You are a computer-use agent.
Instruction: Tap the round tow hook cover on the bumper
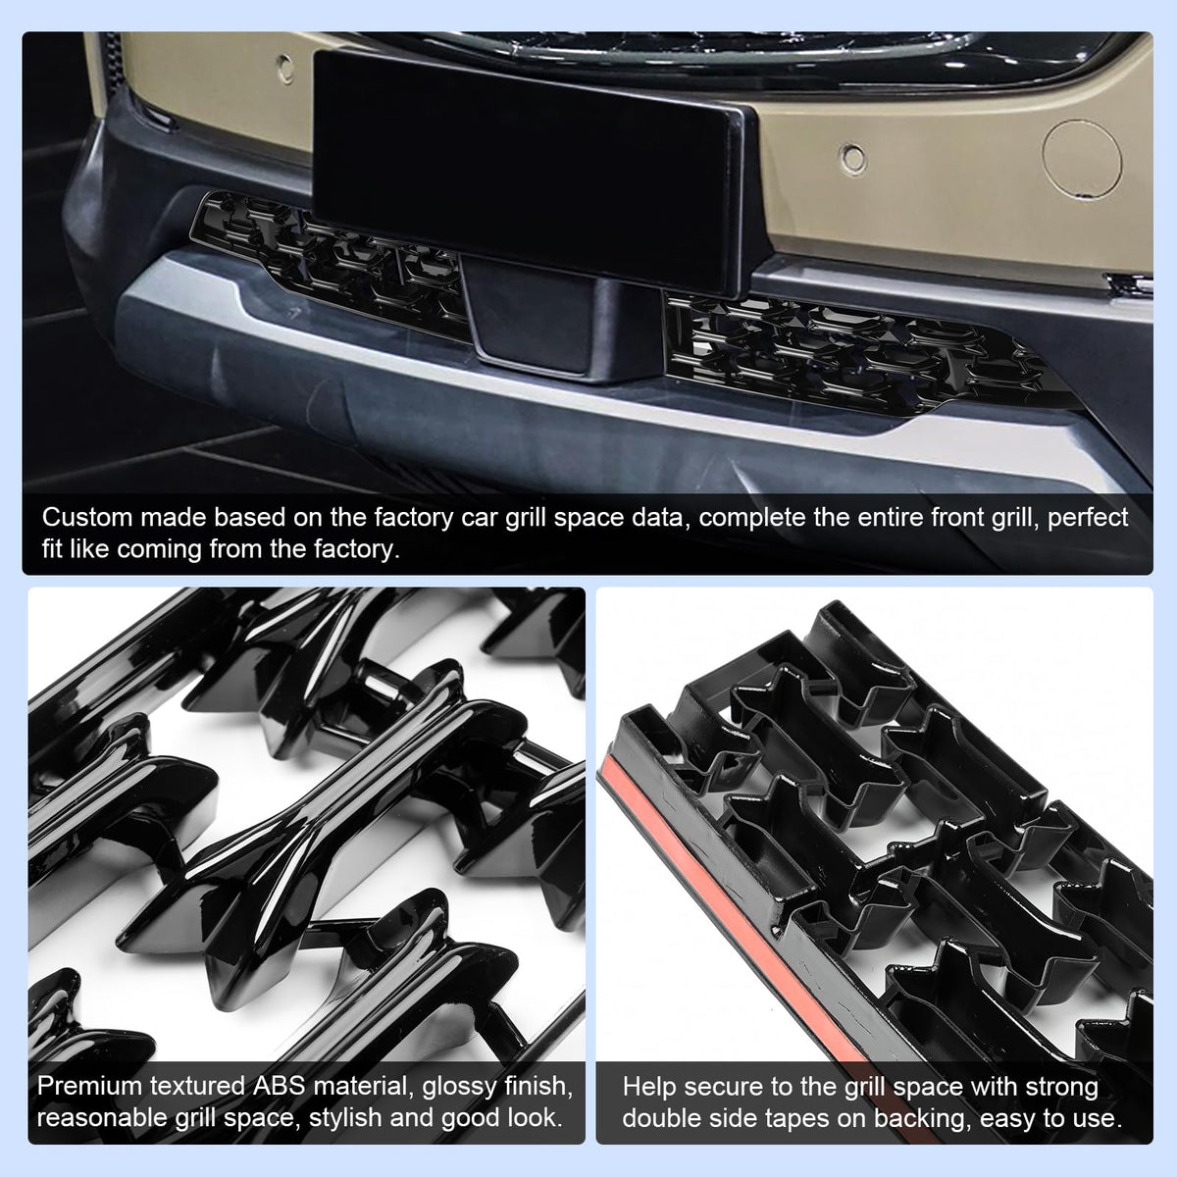click(x=1082, y=158)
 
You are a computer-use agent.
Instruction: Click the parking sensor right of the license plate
click(x=853, y=158)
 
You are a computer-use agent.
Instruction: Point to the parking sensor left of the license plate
click(x=285, y=69)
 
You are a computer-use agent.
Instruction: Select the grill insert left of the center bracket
click(x=330, y=263)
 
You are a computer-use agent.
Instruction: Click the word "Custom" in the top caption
click(x=87, y=517)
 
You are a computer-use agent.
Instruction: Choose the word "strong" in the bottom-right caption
click(x=1061, y=1088)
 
